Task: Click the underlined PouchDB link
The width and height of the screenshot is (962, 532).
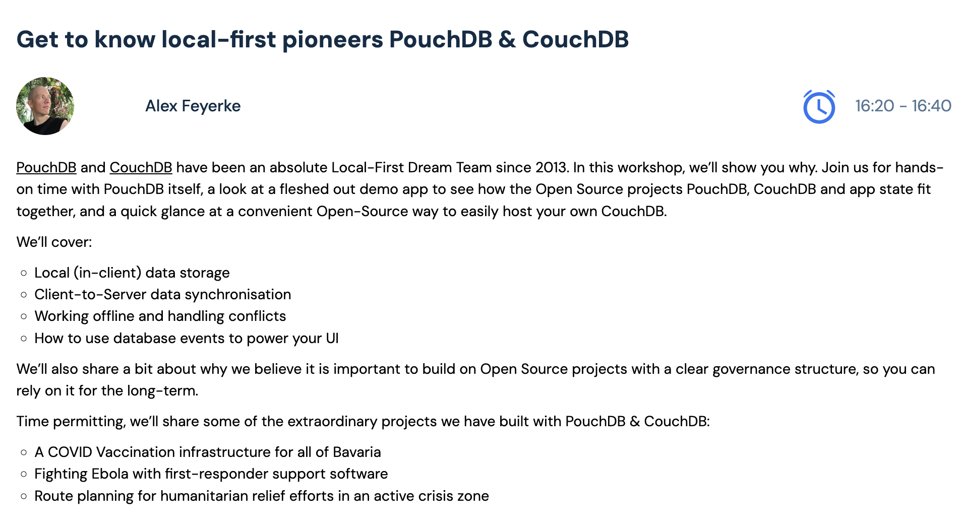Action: pyautogui.click(x=46, y=167)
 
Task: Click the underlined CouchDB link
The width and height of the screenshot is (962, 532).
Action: pyautogui.click(x=141, y=167)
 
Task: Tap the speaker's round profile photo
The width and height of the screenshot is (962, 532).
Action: pyautogui.click(x=45, y=106)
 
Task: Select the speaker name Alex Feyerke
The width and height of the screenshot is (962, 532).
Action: pyautogui.click(x=193, y=106)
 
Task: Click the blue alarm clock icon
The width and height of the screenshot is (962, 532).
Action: pyautogui.click(x=819, y=106)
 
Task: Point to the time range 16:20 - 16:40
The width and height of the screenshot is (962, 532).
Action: pyautogui.click(x=903, y=106)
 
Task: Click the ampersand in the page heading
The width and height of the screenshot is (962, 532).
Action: pyautogui.click(x=507, y=39)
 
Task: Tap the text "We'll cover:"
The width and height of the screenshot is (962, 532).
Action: pyautogui.click(x=54, y=242)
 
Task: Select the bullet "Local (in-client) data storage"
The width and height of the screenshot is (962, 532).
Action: pyautogui.click(x=132, y=273)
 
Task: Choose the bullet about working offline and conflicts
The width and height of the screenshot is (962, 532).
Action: pyautogui.click(x=160, y=316)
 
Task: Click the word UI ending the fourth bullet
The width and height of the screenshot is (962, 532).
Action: pyautogui.click(x=332, y=338)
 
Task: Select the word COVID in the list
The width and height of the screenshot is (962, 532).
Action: pyautogui.click(x=70, y=452)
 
